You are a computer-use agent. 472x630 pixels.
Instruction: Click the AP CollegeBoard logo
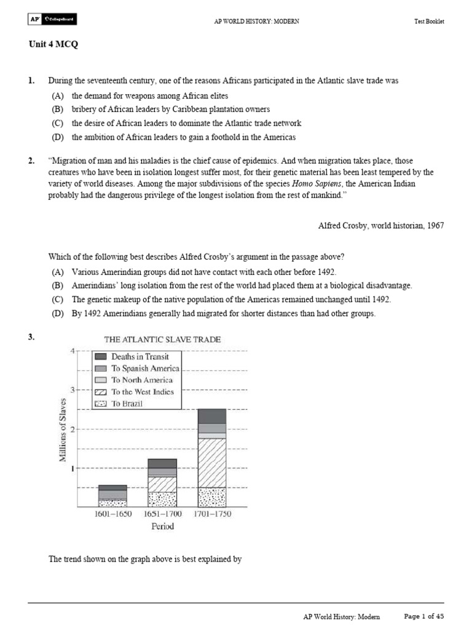pyautogui.click(x=52, y=21)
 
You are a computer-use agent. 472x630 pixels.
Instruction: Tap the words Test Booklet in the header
pyautogui.click(x=429, y=22)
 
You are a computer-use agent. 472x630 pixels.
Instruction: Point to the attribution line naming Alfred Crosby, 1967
pyautogui.click(x=380, y=225)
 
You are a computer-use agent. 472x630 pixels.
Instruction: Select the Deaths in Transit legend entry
pyautogui.click(x=140, y=356)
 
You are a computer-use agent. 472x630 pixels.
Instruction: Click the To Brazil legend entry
pyautogui.click(x=127, y=404)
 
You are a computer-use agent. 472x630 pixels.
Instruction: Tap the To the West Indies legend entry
pyautogui.click(x=142, y=392)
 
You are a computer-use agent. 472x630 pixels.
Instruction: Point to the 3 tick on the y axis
pyautogui.click(x=72, y=390)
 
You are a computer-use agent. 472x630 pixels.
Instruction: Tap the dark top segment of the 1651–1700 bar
pyautogui.click(x=162, y=463)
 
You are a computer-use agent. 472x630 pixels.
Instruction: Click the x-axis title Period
pyautogui.click(x=162, y=526)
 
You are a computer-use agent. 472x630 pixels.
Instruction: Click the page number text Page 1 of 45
pyautogui.click(x=423, y=616)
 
